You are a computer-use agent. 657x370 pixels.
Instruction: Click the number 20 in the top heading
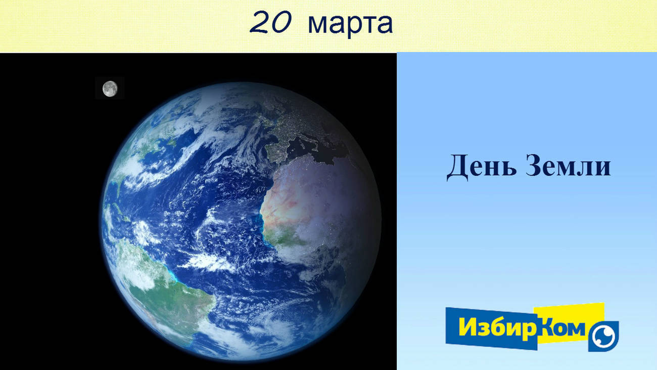271,22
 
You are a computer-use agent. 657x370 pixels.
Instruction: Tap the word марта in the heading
350,24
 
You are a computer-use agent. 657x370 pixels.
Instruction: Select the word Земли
569,166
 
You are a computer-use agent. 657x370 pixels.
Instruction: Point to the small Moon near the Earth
110,89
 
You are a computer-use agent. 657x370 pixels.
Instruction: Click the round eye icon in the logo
603,337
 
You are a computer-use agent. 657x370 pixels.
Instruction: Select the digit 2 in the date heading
260,22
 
